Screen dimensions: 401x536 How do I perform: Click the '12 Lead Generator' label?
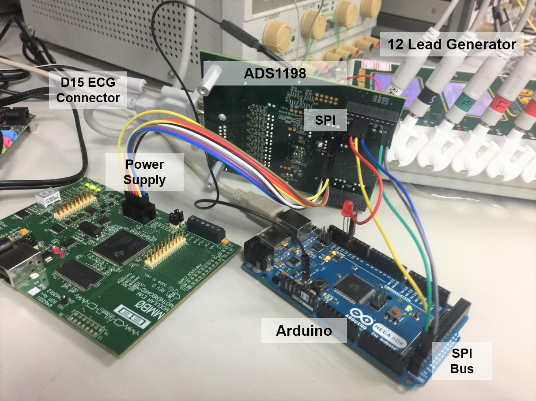coord(452,44)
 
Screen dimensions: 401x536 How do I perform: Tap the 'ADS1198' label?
coord(275,74)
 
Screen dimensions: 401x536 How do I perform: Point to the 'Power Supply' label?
coord(144,172)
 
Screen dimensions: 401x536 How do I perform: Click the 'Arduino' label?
coord(304,330)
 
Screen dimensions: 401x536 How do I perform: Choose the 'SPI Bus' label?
coord(462,360)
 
